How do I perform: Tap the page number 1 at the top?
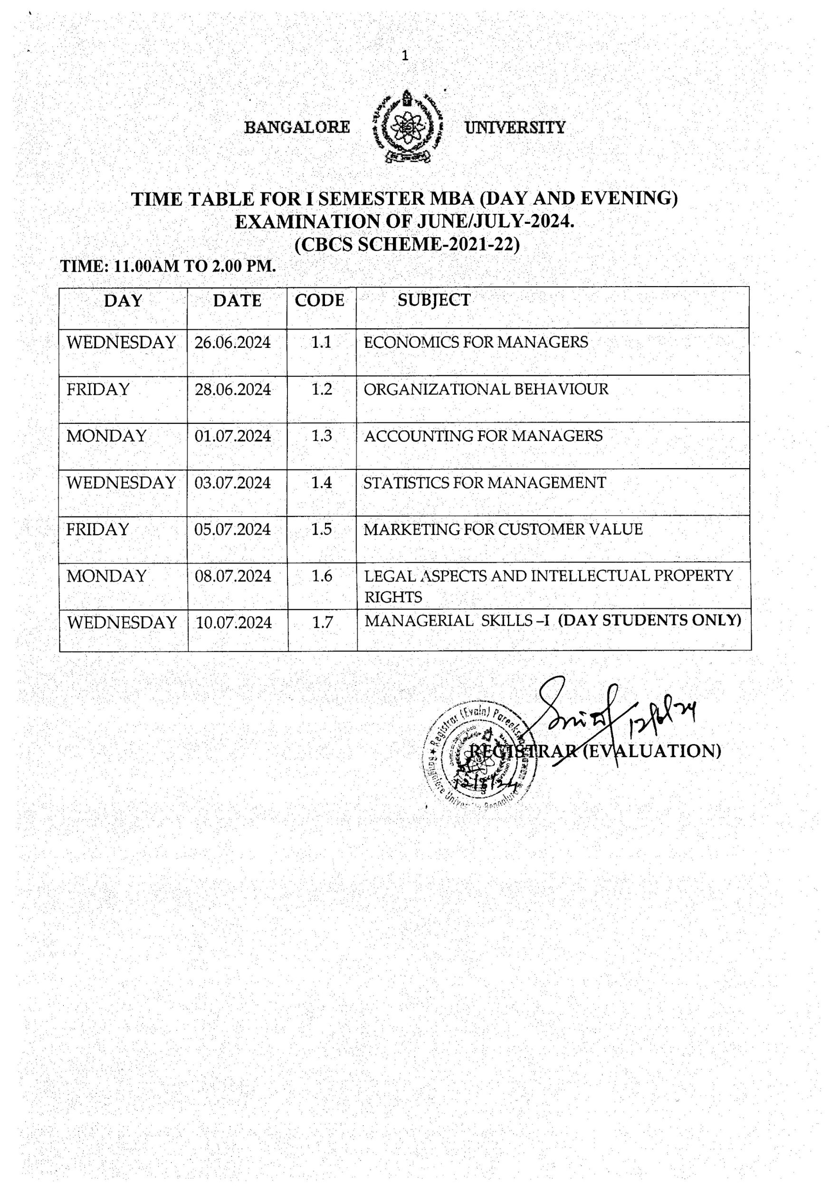pos(405,56)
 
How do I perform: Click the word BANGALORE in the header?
pos(297,127)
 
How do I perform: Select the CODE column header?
pos(319,301)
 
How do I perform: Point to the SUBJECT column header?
pos(434,300)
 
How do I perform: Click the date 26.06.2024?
pos(233,343)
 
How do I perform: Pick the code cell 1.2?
pos(321,389)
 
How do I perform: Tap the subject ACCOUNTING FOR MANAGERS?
pos(483,436)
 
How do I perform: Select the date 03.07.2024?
pos(233,483)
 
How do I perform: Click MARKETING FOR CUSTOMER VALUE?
pos(503,529)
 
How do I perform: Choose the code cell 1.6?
pos(321,576)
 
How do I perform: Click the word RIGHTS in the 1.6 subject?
pos(393,597)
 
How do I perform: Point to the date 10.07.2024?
pos(234,623)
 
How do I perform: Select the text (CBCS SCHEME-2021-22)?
pos(407,244)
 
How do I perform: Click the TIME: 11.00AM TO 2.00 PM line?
pos(169,266)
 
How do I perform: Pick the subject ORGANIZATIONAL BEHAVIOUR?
pos(486,389)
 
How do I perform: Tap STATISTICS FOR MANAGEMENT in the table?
pos(484,483)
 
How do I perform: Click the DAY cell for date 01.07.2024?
pos(106,436)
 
